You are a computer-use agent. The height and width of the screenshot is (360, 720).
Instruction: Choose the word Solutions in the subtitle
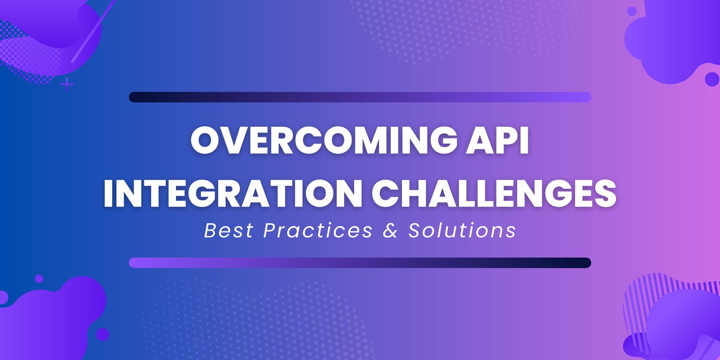(462, 230)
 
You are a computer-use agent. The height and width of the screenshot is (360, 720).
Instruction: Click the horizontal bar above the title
(360, 97)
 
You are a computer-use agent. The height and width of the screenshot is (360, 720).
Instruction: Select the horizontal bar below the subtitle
(360, 263)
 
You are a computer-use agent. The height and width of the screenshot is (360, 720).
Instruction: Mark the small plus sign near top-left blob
(67, 84)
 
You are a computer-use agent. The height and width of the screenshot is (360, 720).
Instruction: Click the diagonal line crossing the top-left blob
(92, 31)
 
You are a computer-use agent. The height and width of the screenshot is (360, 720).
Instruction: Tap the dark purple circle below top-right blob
(712, 79)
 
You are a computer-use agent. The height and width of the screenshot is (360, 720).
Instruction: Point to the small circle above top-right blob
(632, 11)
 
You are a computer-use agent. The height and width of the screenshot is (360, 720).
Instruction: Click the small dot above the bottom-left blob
(39, 279)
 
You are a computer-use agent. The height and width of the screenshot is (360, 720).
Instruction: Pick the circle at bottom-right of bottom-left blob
(103, 334)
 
